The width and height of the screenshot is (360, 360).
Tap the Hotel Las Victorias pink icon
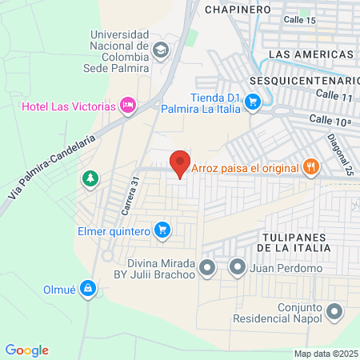pyautogui.click(x=126, y=105)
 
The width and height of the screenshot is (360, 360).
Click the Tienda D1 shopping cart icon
pyautogui.click(x=253, y=101)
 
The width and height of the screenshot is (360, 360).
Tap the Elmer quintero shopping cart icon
pyautogui.click(x=162, y=230)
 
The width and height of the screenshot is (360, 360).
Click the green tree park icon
pyautogui.click(x=90, y=178)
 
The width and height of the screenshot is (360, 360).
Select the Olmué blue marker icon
pyautogui.click(x=94, y=289)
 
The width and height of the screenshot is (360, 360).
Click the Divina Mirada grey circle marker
pyautogui.click(x=207, y=268)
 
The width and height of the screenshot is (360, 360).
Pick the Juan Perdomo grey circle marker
pyautogui.click(x=237, y=268)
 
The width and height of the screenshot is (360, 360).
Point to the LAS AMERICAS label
pyautogui.click(x=311, y=54)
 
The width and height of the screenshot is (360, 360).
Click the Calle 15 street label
pyautogui.click(x=300, y=19)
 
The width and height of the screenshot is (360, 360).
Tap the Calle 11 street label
pyautogui.click(x=334, y=95)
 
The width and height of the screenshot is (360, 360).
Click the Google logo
pyautogui.click(x=27, y=350)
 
